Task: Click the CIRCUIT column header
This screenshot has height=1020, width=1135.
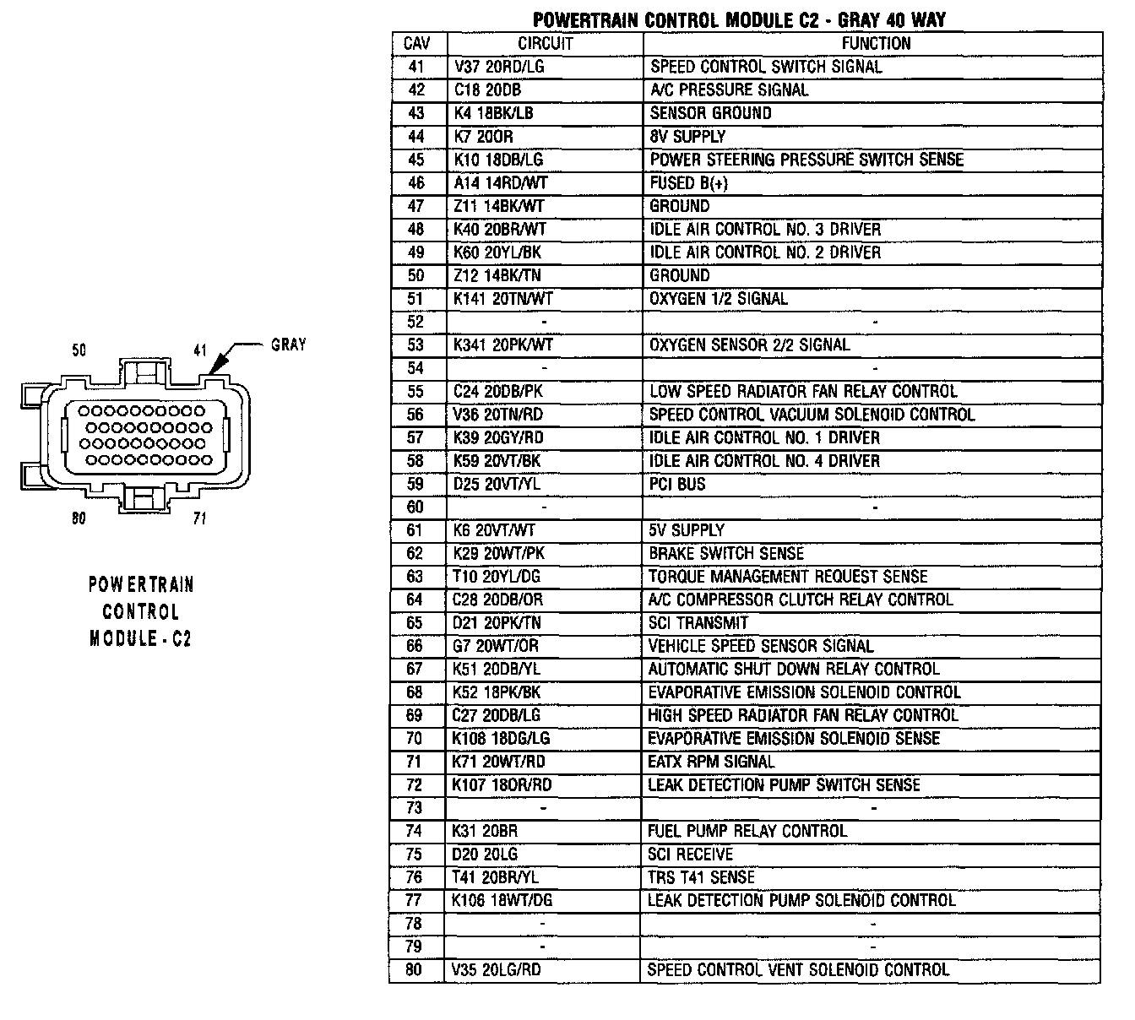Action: (545, 44)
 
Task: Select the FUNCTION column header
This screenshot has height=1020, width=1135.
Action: (875, 44)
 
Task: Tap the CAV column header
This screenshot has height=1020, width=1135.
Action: (417, 44)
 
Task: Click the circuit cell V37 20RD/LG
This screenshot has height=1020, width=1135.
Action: (498, 67)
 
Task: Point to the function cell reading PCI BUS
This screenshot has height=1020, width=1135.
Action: (677, 484)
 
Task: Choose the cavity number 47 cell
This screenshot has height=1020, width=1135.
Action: (416, 206)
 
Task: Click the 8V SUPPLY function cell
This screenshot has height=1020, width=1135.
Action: (687, 136)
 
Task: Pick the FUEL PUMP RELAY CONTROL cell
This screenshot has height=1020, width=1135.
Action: (747, 831)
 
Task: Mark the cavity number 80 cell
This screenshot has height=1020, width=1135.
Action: (414, 970)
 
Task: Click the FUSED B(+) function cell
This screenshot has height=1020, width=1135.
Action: (688, 182)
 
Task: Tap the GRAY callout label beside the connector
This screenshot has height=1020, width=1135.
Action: (289, 345)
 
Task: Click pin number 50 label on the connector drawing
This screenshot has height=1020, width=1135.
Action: (79, 350)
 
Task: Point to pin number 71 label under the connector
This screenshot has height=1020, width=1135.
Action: (199, 518)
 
